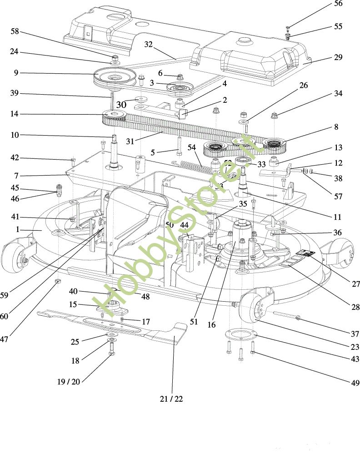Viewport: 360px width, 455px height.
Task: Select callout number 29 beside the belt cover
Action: click(338, 58)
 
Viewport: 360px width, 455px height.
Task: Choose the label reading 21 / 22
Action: click(171, 399)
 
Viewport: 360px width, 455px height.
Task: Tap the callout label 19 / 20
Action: click(69, 382)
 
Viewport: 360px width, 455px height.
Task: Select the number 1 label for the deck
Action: click(17, 230)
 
